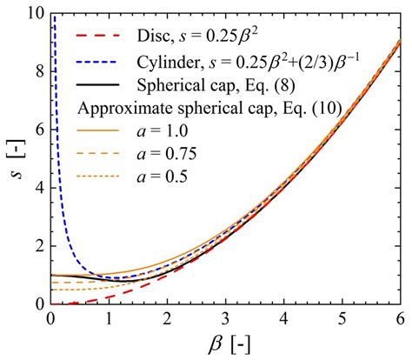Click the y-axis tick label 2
point(38,246)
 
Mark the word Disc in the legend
point(154,37)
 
